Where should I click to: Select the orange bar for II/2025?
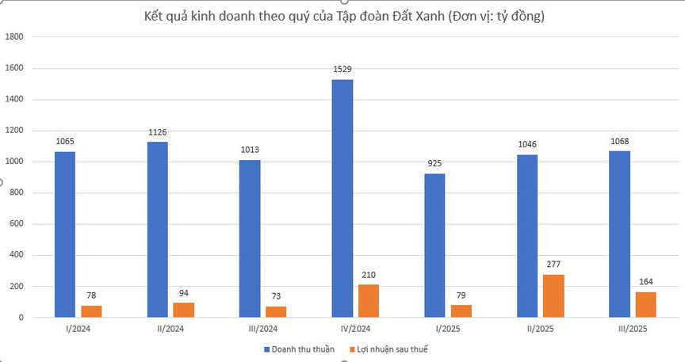[x=553, y=295]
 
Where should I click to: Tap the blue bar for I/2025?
[x=434, y=246]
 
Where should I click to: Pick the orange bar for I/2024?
[x=91, y=311]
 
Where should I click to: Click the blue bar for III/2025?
[x=620, y=234]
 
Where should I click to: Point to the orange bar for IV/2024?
[x=369, y=301]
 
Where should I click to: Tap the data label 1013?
[x=250, y=149]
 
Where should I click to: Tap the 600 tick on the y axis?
[x=17, y=224]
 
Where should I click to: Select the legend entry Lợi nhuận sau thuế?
[x=393, y=349]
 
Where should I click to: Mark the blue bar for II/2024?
[x=157, y=230]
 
